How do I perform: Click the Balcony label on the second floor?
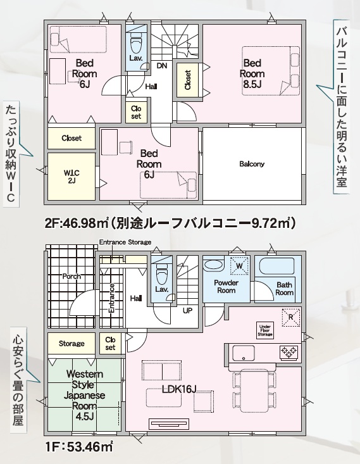coord(252,164)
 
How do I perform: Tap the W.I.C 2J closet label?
coord(71,177)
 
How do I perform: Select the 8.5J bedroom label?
coord(252,73)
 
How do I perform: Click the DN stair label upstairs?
coord(162,66)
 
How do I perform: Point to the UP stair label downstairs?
coord(187,310)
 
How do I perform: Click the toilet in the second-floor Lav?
coord(137,42)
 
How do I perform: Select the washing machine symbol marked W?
coord(239,266)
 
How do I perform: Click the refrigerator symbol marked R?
coord(291,317)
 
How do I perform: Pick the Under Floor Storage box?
coord(264,330)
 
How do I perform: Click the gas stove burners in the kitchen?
coord(289,351)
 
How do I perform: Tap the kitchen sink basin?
coord(244,353)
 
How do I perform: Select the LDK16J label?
coord(179,389)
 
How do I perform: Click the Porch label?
coord(71,277)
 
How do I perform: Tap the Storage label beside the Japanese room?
coord(71,344)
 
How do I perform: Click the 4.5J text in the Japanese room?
coord(84,417)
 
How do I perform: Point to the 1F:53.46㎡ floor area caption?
coord(79,447)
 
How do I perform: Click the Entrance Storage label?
coord(125,242)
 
